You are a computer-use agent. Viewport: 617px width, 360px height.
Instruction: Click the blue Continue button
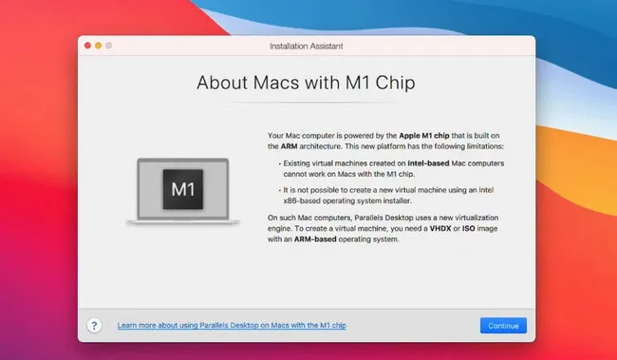point(503,325)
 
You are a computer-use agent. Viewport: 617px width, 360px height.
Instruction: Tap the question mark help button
point(94,325)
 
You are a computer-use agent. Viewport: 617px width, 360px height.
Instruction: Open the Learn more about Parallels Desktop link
point(232,326)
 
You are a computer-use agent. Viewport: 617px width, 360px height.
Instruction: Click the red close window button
point(86,45)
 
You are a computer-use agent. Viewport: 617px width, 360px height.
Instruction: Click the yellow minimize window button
point(97,45)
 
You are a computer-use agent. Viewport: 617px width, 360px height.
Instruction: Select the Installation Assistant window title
point(308,45)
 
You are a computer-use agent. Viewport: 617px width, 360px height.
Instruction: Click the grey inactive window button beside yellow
point(107,45)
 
